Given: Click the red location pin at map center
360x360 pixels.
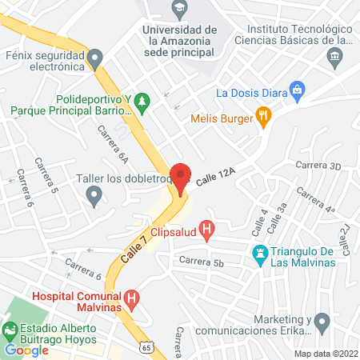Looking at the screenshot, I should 181,178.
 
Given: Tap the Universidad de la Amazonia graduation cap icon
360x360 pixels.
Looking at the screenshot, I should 180,10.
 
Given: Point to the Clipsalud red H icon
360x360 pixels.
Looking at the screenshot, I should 207,232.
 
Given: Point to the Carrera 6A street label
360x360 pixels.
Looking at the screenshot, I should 113,144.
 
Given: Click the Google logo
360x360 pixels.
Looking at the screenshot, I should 26,350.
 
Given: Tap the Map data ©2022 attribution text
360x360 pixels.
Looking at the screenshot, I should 325,354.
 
